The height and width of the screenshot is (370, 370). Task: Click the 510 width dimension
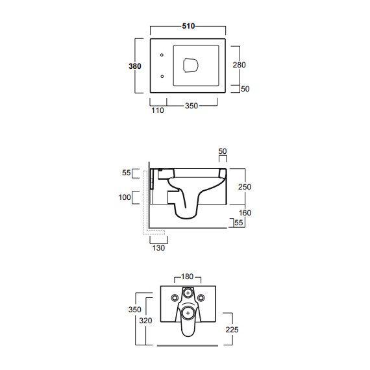[188, 26]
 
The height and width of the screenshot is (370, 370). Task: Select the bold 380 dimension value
[135, 66]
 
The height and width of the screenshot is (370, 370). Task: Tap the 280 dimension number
[240, 65]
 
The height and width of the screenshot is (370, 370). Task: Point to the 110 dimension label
[158, 110]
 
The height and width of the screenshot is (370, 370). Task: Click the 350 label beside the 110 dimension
[191, 106]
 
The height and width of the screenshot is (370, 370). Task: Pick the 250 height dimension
[245, 187]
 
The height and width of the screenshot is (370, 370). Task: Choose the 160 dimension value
[245, 213]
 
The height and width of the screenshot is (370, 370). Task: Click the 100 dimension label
[125, 197]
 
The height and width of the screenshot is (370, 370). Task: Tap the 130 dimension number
[158, 248]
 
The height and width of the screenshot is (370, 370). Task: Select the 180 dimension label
[187, 277]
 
